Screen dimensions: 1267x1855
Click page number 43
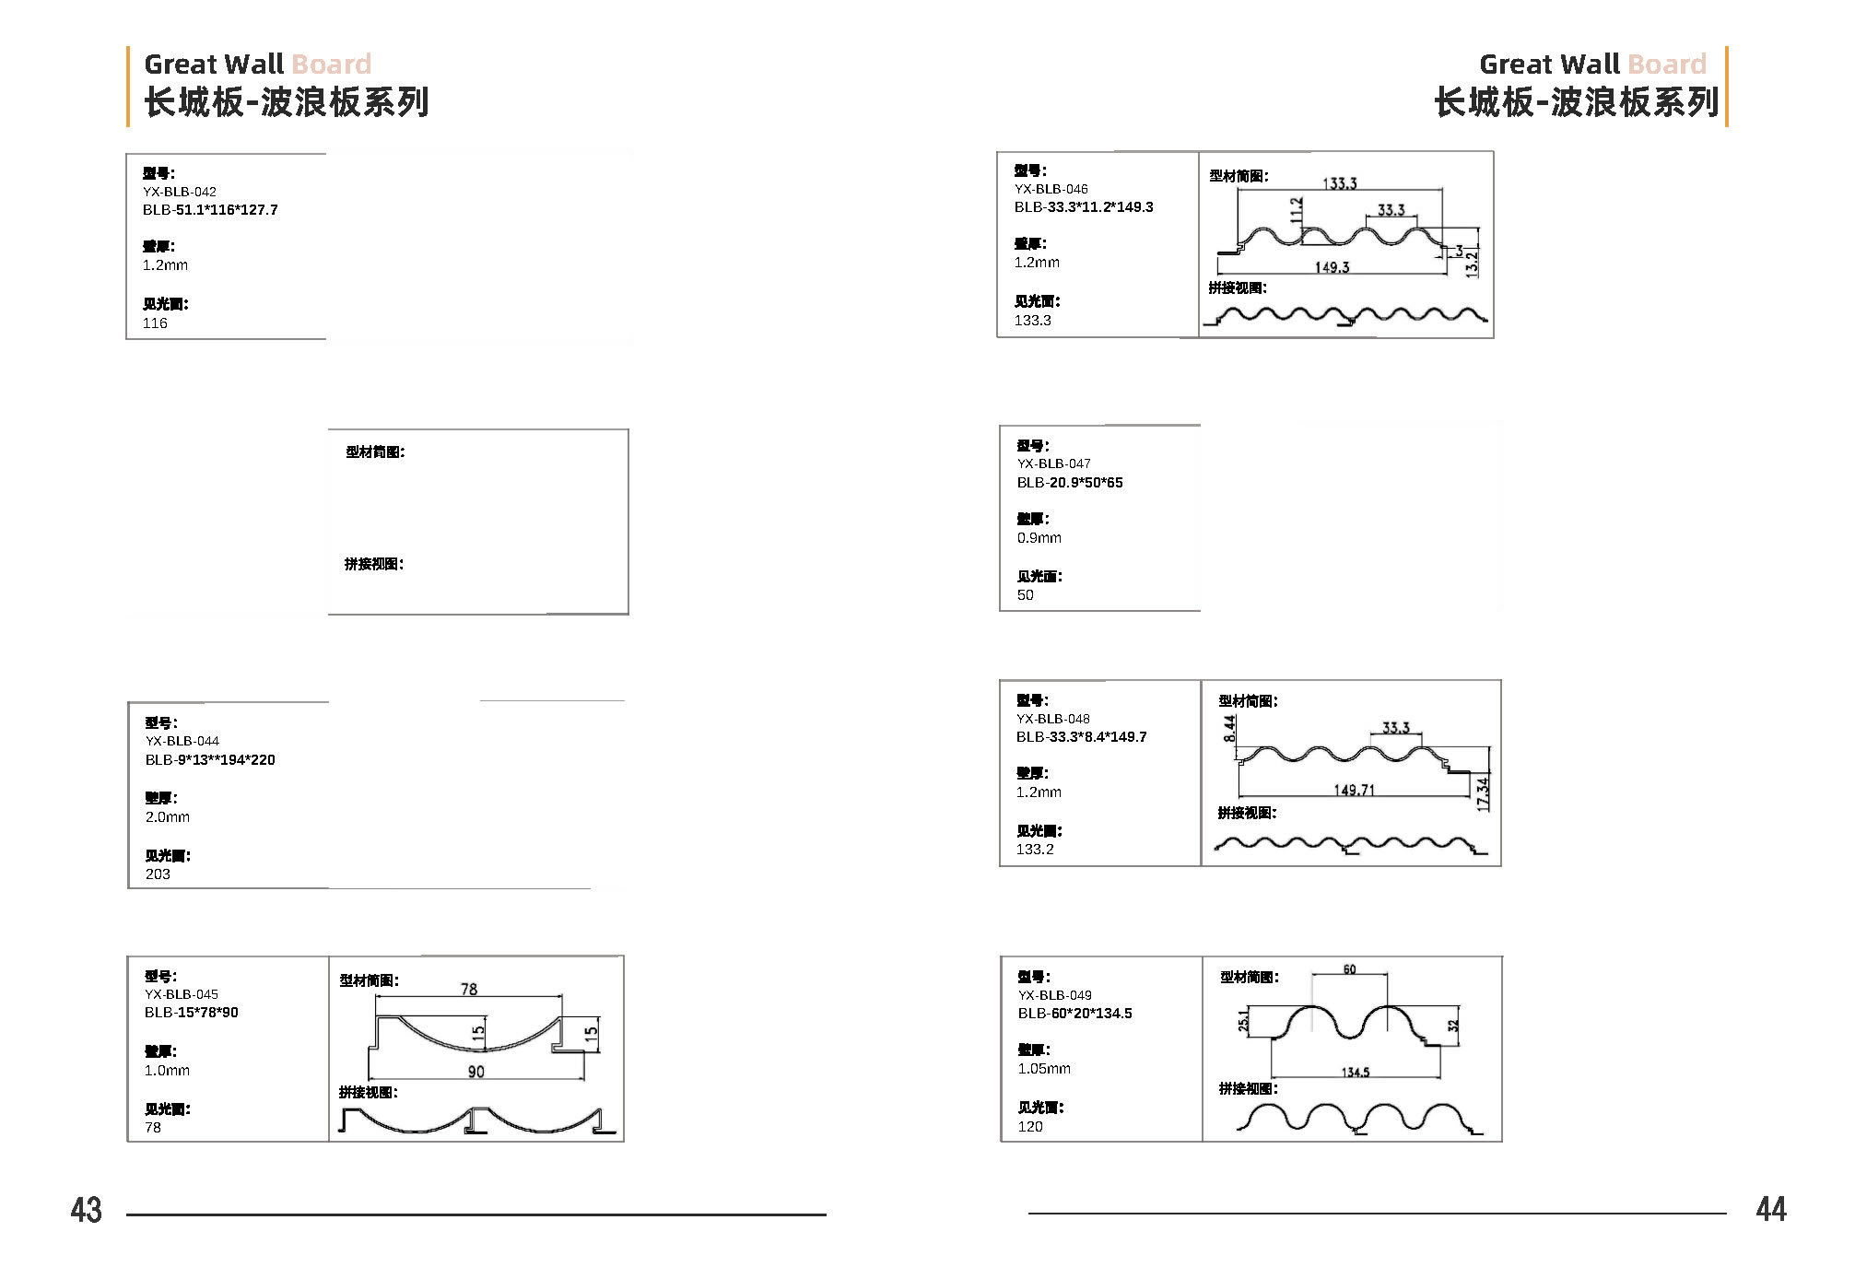pos(87,1209)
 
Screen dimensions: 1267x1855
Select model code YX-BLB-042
pos(180,192)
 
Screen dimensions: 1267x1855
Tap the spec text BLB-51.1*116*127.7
pos(210,210)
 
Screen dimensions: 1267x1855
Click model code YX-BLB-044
pos(182,741)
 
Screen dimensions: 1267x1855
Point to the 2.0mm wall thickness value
pos(168,816)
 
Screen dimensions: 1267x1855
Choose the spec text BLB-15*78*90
pos(192,1012)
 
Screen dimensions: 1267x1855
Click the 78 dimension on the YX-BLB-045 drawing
pos(469,989)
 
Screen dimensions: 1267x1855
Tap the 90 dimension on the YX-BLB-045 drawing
pos(475,1072)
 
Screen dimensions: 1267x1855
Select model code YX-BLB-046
pos(1051,189)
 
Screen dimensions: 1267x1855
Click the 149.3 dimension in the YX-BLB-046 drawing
pos(1332,267)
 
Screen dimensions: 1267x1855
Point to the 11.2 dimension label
pos(1297,210)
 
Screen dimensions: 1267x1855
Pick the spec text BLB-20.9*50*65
pos(1070,482)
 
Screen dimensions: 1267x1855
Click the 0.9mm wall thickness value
pos(1039,537)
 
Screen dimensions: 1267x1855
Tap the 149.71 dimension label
pos(1354,790)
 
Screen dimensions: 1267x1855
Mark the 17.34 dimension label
pos(1483,794)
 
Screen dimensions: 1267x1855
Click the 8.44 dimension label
pos(1230,729)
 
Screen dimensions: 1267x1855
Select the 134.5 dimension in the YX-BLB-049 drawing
pos(1355,1072)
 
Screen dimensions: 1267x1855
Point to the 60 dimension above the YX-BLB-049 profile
pos(1349,969)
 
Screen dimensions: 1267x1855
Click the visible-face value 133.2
pos(1035,849)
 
